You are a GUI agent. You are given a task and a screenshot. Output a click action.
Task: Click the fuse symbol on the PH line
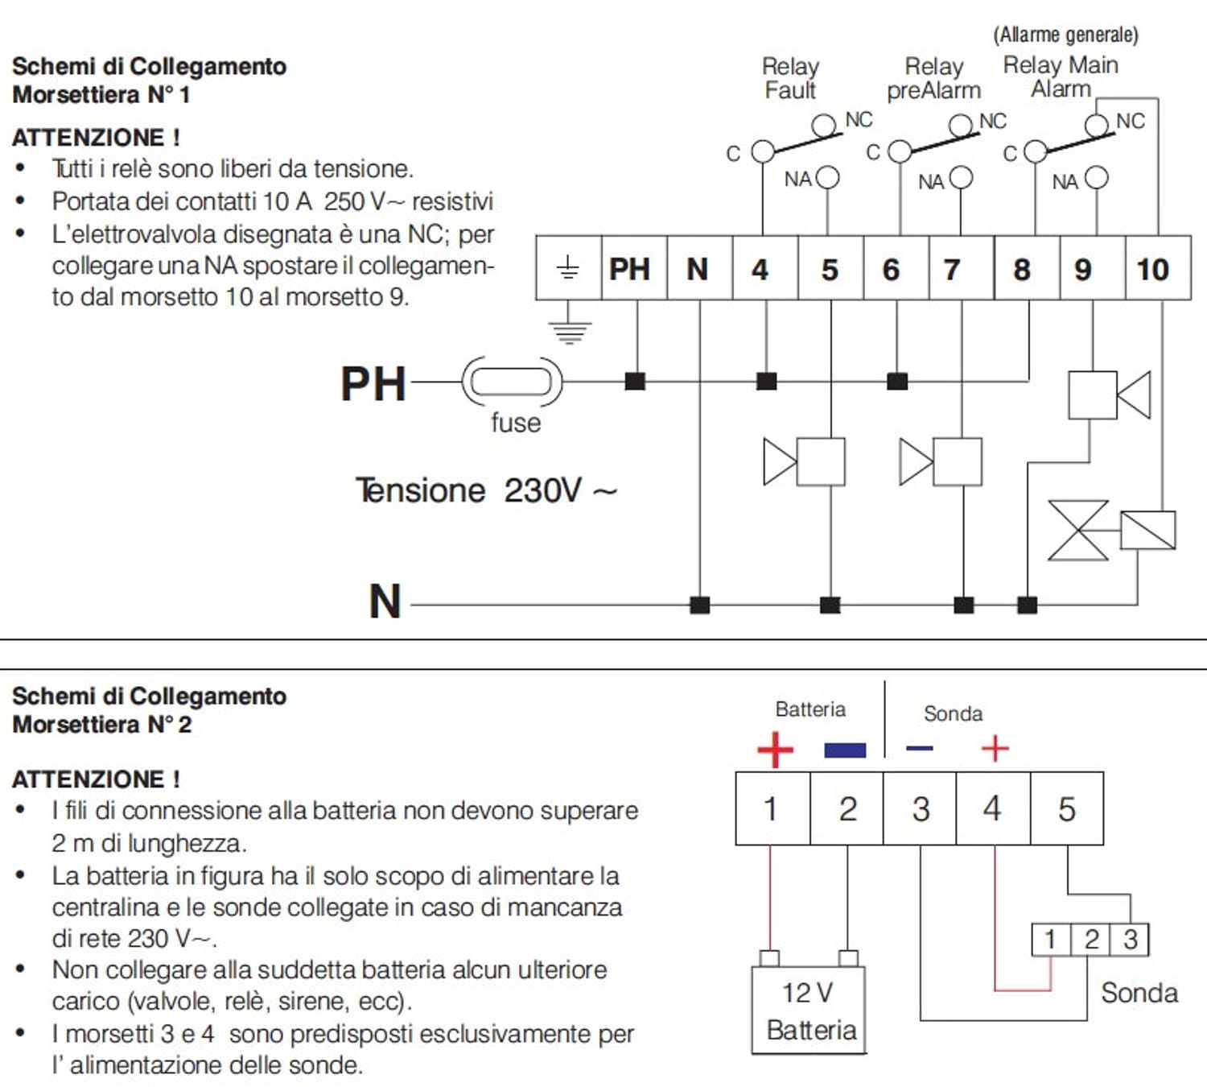(x=512, y=382)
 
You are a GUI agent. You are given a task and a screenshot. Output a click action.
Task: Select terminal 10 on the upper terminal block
(x=1157, y=268)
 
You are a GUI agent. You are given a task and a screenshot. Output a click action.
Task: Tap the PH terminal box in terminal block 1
(x=634, y=268)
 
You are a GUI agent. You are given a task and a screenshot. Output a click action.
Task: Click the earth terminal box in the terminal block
(x=568, y=268)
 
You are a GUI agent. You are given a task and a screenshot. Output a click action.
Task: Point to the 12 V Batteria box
(x=809, y=1011)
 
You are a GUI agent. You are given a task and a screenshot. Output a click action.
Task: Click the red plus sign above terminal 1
(x=775, y=750)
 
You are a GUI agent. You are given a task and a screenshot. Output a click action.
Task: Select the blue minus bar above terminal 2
(x=845, y=750)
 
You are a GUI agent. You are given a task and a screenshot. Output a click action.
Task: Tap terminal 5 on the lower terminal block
(x=1067, y=808)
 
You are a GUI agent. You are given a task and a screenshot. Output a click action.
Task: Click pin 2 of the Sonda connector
(x=1091, y=940)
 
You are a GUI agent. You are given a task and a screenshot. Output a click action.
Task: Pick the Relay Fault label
(x=790, y=78)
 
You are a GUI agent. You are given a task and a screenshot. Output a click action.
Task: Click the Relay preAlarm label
(x=933, y=78)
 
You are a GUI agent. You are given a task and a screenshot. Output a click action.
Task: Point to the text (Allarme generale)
(x=1065, y=35)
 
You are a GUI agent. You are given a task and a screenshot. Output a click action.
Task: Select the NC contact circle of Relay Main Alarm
(x=1097, y=125)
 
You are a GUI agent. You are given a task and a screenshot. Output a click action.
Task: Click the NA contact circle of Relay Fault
(x=828, y=177)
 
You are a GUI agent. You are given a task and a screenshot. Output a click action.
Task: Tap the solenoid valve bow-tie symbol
(x=1078, y=530)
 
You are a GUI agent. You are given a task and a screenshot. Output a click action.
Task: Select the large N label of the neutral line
(x=385, y=601)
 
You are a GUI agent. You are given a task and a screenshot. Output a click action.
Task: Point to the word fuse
(x=516, y=423)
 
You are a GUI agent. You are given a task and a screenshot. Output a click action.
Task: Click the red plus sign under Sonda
(x=995, y=749)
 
